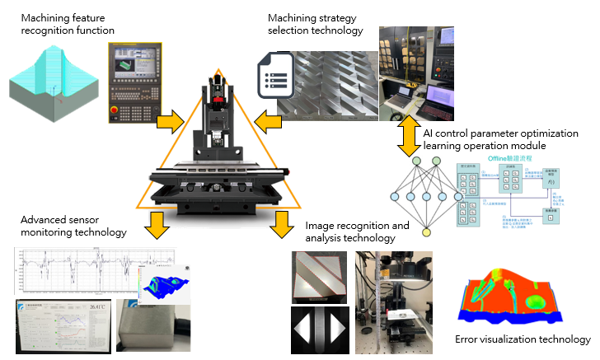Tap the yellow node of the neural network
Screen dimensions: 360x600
click(x=426, y=232)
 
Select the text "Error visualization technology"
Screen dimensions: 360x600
click(x=523, y=339)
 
